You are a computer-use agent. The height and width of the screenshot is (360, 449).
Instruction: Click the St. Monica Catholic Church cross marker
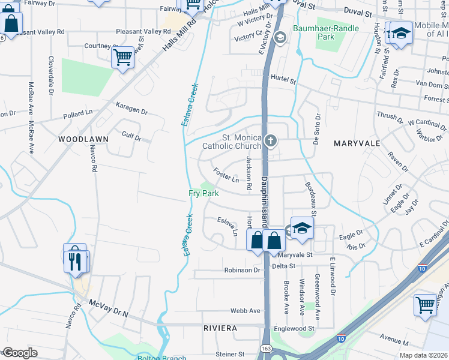click(271, 142)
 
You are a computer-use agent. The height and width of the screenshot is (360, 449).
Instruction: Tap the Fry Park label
click(203, 194)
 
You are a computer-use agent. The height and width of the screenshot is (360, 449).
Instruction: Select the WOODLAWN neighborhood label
click(83, 139)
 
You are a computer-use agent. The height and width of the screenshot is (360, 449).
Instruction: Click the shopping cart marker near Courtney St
click(122, 58)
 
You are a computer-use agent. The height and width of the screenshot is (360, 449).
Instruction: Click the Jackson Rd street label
click(247, 174)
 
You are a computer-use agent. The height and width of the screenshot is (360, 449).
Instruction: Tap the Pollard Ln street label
click(79, 113)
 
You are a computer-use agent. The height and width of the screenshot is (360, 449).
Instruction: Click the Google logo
click(19, 353)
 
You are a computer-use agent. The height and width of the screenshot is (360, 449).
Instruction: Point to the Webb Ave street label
click(246, 311)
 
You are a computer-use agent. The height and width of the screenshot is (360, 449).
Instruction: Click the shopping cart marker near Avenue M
click(425, 304)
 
